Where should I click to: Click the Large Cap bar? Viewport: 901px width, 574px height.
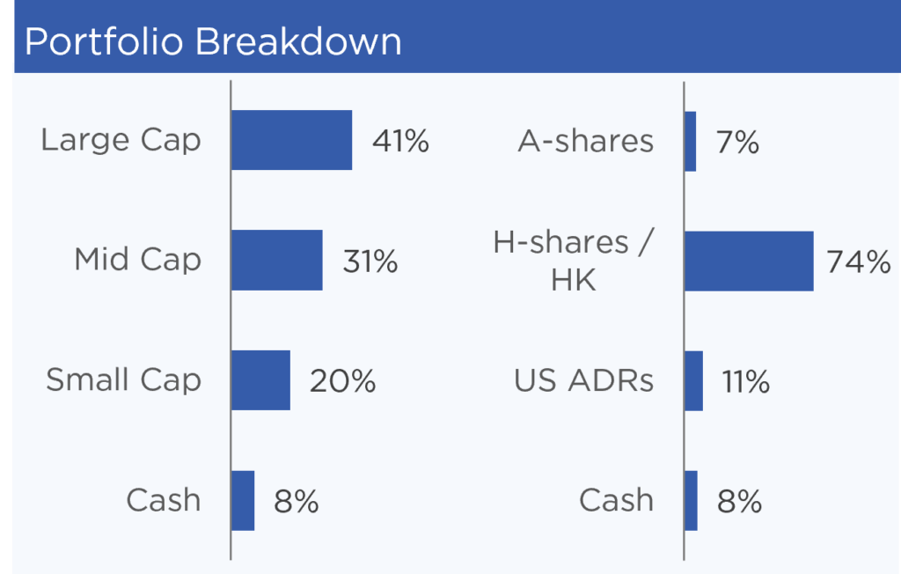292,140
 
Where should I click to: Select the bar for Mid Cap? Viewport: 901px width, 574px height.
277,260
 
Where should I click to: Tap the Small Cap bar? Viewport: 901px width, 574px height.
260,380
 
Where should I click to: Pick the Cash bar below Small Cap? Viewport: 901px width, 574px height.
243,500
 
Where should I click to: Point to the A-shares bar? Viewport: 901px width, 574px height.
691,142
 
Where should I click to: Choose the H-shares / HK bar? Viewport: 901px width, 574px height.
750,261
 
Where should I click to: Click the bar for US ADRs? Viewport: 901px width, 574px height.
694,380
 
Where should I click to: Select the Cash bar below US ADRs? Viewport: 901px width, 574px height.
692,500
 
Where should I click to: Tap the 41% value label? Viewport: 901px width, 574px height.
400,141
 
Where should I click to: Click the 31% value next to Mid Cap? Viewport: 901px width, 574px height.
370,261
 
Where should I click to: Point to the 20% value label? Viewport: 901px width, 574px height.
343,380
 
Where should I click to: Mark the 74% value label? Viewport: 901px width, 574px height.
859,261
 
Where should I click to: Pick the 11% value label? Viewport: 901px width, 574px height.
746,381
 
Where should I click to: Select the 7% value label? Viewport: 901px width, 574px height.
738,142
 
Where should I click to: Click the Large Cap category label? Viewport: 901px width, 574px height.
121,141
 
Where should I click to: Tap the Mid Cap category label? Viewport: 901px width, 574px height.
138,260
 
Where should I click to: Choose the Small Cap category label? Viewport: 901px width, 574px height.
123,380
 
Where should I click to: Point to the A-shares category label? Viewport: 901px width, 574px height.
585,141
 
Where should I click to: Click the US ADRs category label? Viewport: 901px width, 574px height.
584,380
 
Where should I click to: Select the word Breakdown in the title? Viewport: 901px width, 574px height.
298,41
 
